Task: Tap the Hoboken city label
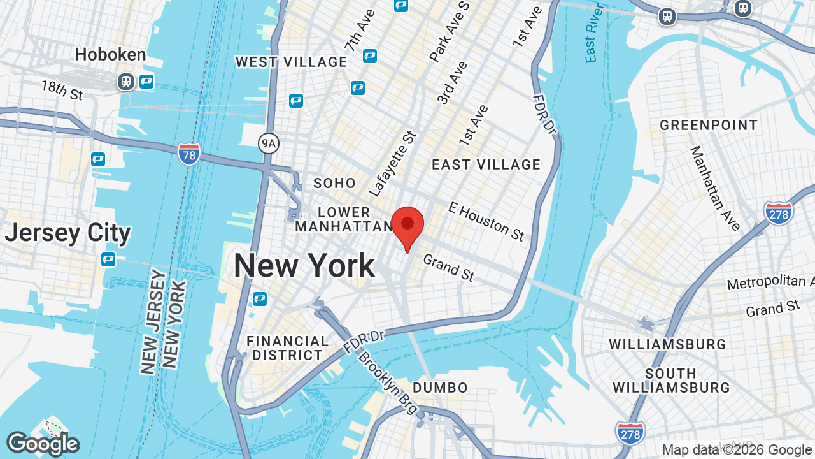[110, 55]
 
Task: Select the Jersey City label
[67, 233]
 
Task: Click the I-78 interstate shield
[189, 154]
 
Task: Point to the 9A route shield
[269, 143]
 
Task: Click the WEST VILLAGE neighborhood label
[291, 62]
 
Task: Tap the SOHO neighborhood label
[334, 184]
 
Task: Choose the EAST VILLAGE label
[486, 164]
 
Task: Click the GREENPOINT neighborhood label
[709, 125]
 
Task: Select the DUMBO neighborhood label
[440, 388]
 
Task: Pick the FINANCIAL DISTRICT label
[287, 348]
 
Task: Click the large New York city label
[304, 265]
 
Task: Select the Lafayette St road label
[392, 163]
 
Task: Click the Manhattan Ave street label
[715, 188]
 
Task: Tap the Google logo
[43, 444]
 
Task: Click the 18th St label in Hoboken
[62, 90]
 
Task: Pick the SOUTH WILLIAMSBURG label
[671, 380]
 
